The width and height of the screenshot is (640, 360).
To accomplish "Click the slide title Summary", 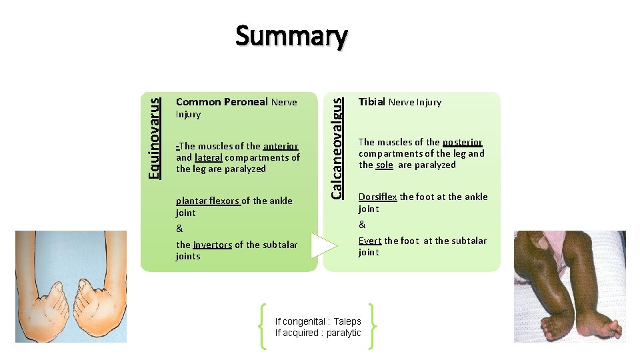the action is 291,37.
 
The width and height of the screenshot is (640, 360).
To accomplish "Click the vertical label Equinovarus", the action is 155,138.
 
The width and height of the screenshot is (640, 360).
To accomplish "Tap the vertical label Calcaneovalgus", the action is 339,147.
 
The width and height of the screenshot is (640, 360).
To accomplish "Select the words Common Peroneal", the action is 222,102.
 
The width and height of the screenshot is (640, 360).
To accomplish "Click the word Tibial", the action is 372,102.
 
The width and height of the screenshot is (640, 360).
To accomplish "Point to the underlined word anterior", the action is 281,146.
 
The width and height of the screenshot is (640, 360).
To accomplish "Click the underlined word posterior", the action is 462,142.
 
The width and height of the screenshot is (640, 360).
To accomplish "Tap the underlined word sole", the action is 384,165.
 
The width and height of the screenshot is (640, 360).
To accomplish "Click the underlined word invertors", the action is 212,245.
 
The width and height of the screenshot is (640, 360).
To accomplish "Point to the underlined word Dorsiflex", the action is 377,197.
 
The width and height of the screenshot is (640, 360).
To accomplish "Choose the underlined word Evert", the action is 370,241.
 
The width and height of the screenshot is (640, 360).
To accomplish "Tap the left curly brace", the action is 265,326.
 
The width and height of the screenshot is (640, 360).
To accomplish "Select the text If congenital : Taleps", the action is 318,321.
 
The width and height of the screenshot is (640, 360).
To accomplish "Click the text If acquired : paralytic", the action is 318,333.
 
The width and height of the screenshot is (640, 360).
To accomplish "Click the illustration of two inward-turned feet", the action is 71,287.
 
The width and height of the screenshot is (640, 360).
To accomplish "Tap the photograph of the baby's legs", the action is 569,287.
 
